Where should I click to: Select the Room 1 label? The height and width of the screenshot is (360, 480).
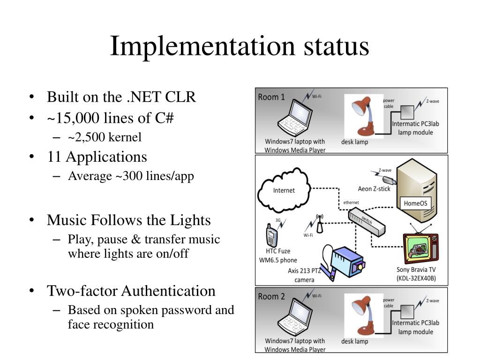(x=271, y=97)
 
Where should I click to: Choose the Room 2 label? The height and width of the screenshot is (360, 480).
(x=271, y=296)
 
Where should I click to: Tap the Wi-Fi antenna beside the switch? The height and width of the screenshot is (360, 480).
(x=320, y=225)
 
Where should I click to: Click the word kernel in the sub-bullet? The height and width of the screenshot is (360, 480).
(x=125, y=137)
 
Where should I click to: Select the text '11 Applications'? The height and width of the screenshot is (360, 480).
(x=97, y=157)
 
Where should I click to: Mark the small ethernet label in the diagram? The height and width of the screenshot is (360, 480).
(x=351, y=202)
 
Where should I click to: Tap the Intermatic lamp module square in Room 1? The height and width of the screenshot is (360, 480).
(x=408, y=112)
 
